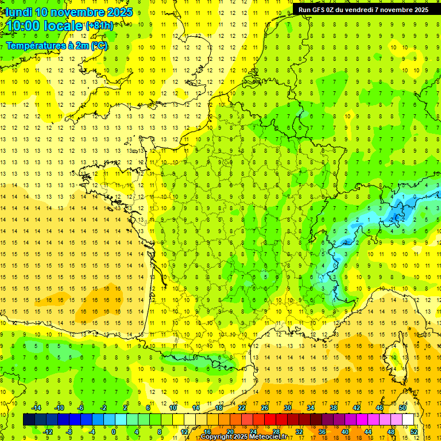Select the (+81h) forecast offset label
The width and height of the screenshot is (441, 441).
pyautogui.click(x=100, y=25)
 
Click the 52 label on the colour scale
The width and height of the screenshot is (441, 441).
pyautogui.click(x=413, y=431)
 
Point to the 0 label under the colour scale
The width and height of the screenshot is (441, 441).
pyautogui.click(x=114, y=431)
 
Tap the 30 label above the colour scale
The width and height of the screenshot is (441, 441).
pyautogui.click(x=287, y=408)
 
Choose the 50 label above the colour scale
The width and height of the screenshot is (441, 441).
pyautogui.click(x=402, y=408)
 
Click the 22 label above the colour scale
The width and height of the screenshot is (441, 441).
pyautogui.click(x=241, y=408)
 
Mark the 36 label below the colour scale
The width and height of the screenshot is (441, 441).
pyautogui.click(x=322, y=431)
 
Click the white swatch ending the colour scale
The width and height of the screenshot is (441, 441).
pyautogui.click(x=408, y=420)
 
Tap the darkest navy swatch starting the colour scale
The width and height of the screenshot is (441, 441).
pyautogui.click(x=29, y=420)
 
